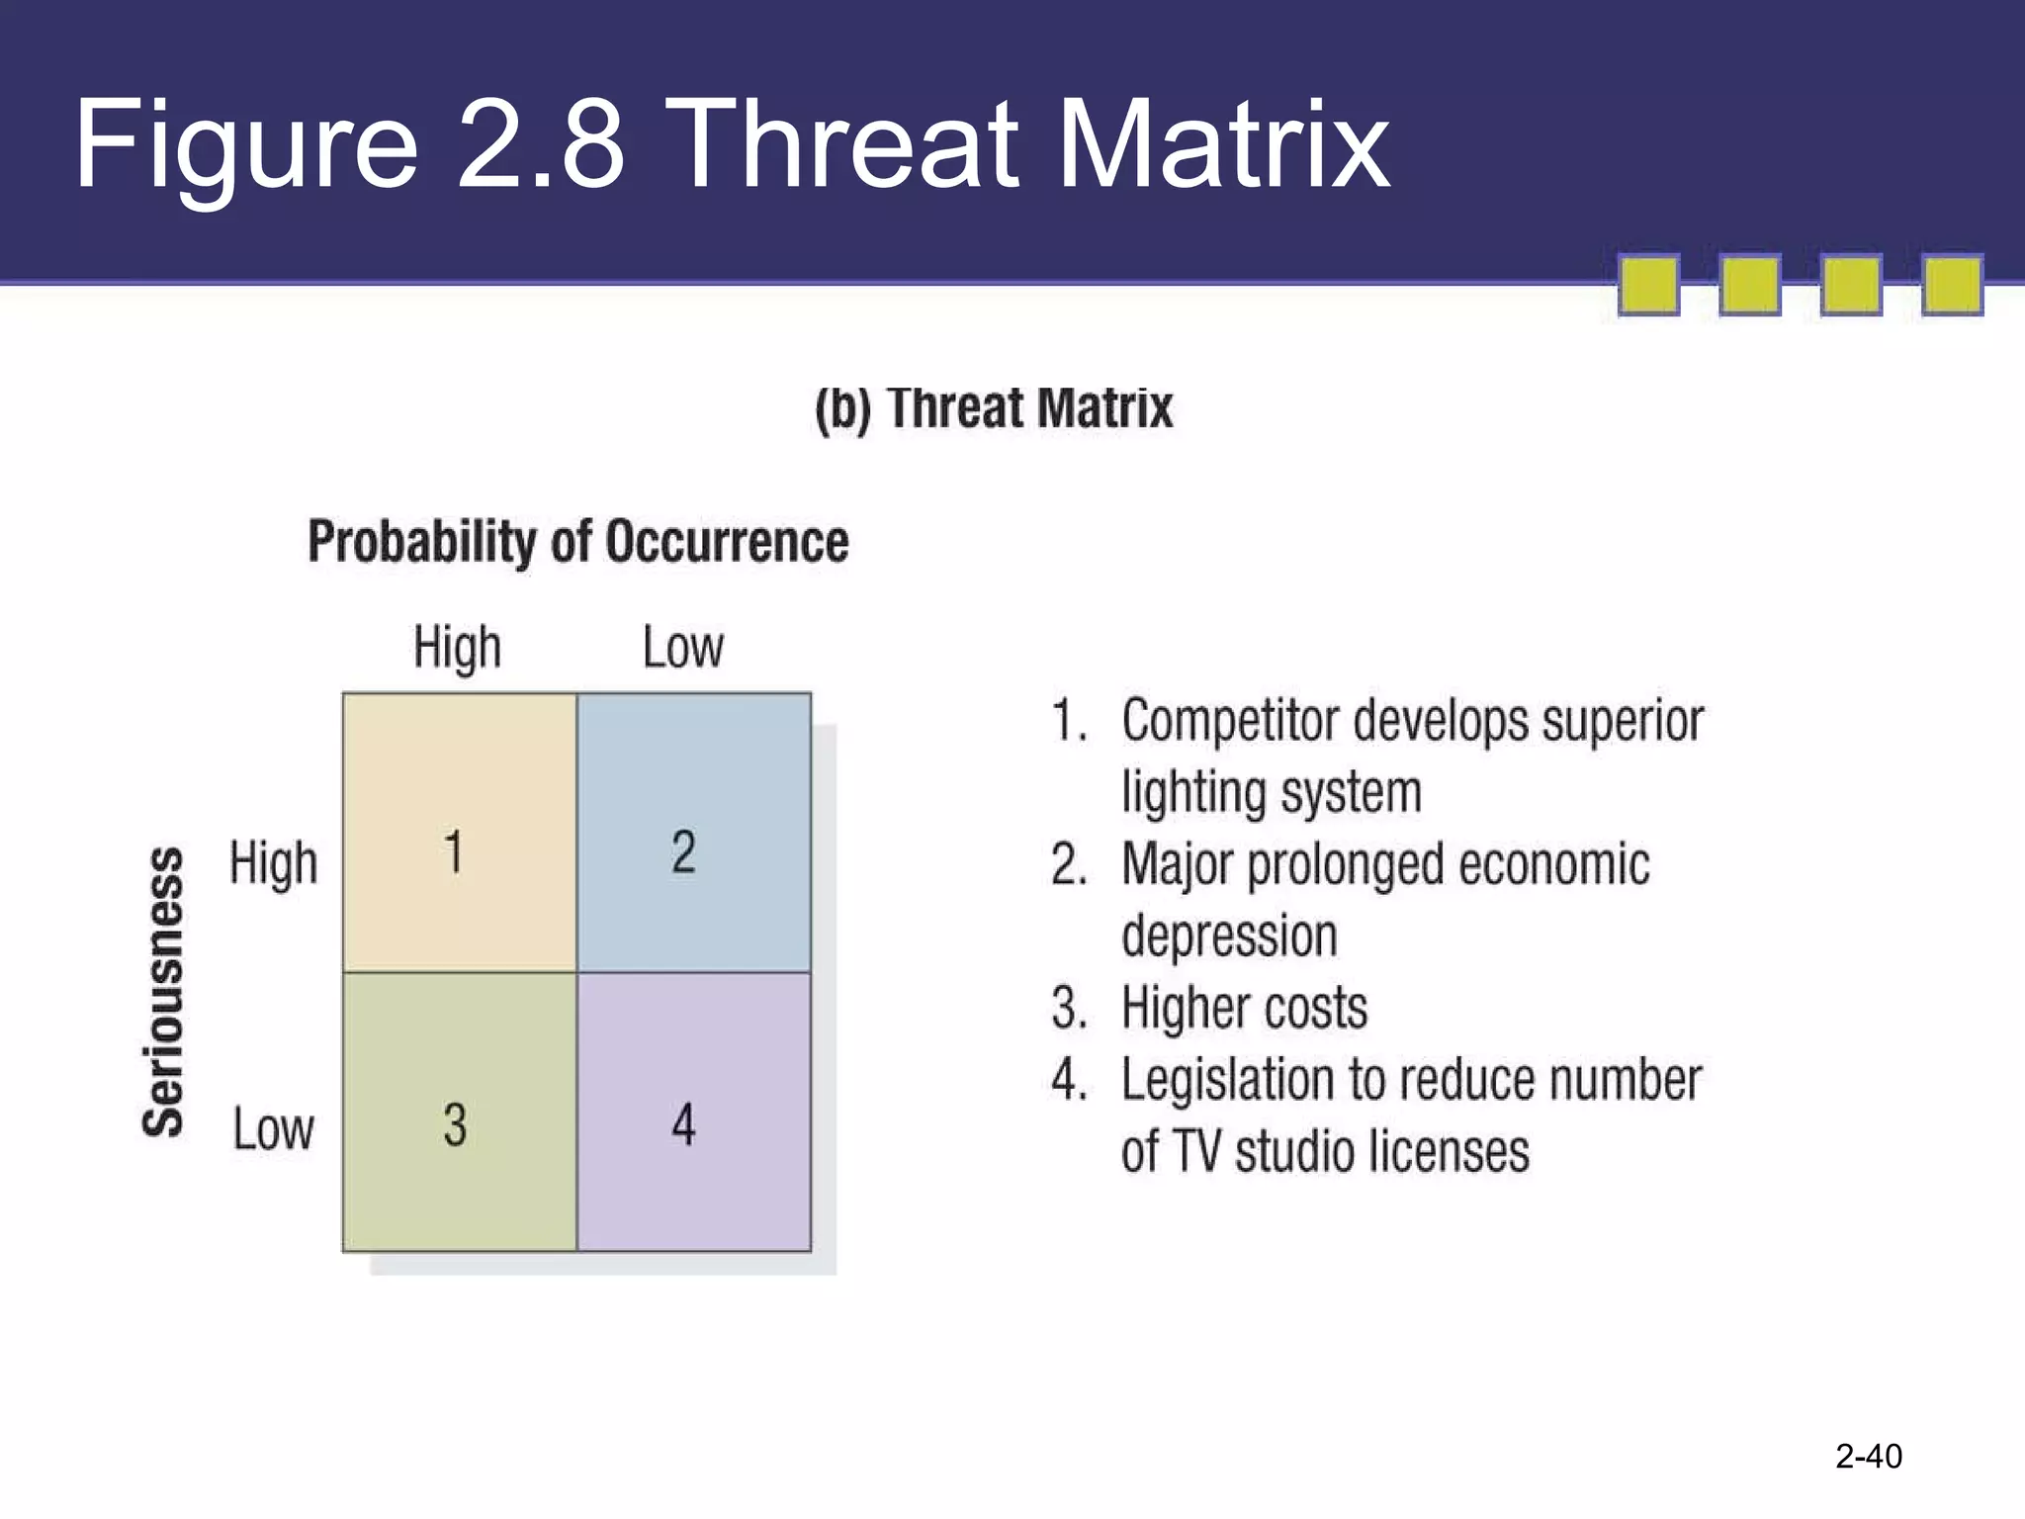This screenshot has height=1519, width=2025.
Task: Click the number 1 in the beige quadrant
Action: [x=454, y=852]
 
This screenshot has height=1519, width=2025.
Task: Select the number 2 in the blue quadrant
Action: [x=683, y=852]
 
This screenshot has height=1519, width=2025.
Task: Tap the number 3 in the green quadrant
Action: [x=455, y=1125]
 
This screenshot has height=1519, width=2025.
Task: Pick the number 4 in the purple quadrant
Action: [x=683, y=1125]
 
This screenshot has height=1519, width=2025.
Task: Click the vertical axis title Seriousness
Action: [x=164, y=991]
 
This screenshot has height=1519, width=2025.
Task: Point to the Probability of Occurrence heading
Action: [x=578, y=542]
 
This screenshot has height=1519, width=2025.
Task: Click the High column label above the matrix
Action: [x=457, y=649]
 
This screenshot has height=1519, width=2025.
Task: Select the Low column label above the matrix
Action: [x=683, y=649]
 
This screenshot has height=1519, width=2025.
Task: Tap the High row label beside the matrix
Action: [x=274, y=863]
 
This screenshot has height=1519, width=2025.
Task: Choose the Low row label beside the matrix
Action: [x=274, y=1128]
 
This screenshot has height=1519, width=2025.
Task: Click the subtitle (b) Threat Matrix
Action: [x=994, y=408]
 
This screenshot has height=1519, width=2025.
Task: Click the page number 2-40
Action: [x=1868, y=1456]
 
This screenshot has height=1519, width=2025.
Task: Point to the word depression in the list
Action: [x=1229, y=937]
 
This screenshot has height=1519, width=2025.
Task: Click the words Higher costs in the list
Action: [x=1244, y=1009]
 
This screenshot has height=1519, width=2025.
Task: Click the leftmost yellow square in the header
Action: [x=1648, y=286]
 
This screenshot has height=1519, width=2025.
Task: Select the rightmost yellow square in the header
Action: [x=1952, y=286]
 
